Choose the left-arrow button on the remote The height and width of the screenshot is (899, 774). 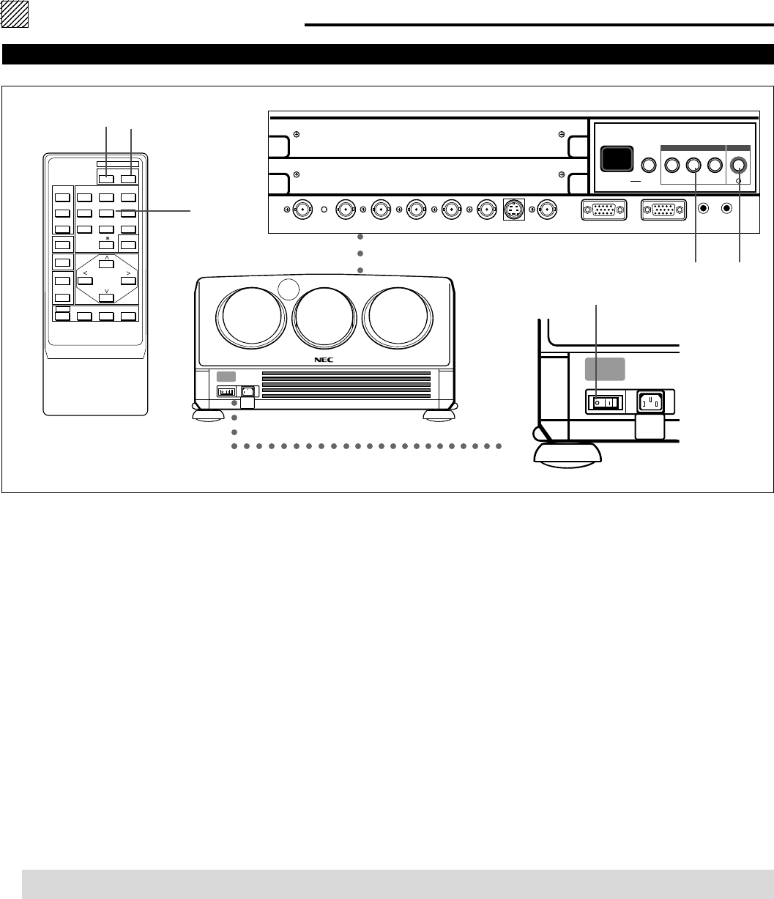click(86, 281)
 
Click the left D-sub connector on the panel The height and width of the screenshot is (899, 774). click(601, 210)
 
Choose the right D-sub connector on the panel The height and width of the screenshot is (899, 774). click(663, 210)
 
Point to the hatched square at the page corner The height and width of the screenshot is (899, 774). click(14, 14)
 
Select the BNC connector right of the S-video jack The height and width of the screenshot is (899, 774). click(546, 210)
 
